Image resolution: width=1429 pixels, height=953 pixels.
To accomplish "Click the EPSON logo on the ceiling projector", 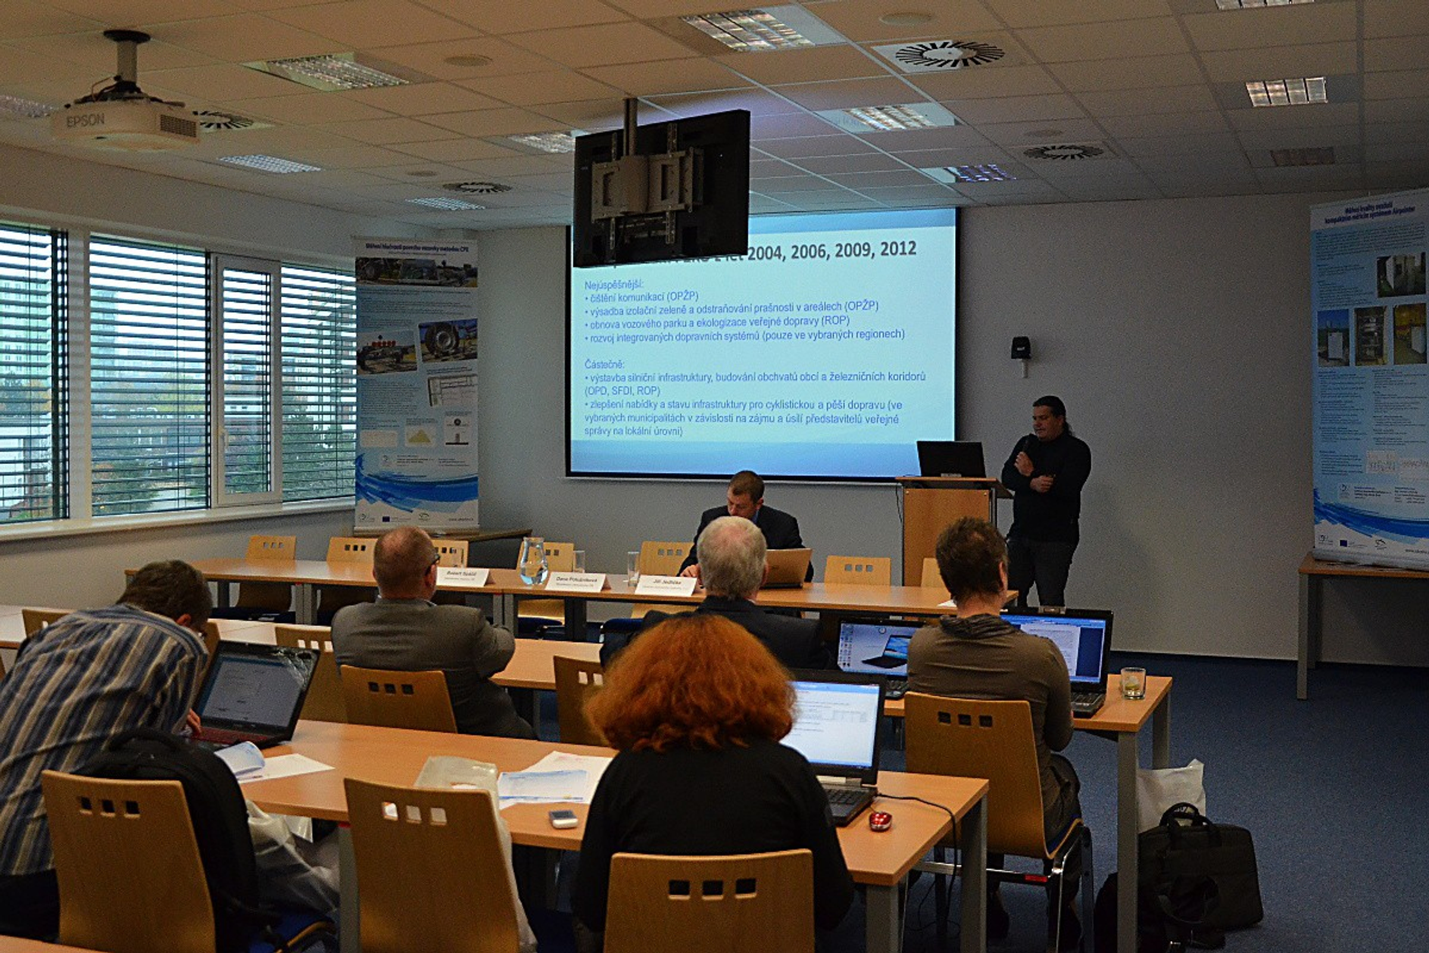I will point(85,120).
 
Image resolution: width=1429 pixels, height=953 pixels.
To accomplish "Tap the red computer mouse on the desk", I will point(880,821).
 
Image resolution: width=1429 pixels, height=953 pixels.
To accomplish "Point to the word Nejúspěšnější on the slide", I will point(613,284).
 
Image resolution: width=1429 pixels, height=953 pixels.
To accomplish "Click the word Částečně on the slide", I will point(604,363).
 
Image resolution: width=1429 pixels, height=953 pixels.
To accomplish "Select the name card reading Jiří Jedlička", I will point(665,585).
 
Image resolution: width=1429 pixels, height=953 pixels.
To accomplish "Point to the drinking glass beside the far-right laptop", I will point(1132,683).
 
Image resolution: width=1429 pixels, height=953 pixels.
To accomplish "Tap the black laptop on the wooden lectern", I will point(951,459).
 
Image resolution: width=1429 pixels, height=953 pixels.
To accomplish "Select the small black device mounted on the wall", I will point(1021,348).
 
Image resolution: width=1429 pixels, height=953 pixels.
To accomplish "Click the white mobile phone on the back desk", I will point(563,818).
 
